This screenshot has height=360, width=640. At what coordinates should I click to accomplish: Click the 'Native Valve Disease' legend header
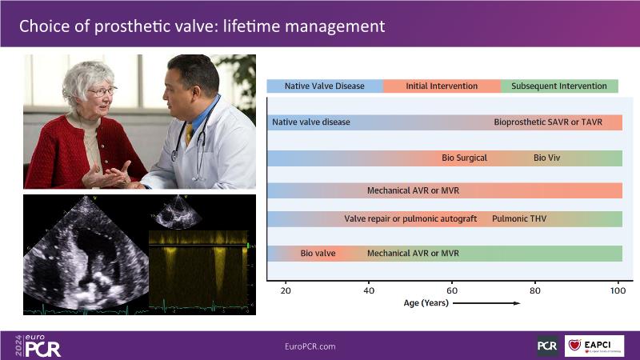tap(325, 86)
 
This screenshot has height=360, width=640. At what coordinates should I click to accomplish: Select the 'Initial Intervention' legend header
tap(442, 86)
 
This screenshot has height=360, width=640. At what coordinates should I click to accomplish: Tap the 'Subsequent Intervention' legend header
tap(559, 86)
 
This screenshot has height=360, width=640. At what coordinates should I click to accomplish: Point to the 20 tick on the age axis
tap(286, 290)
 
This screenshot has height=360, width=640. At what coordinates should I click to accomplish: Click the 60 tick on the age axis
tap(452, 290)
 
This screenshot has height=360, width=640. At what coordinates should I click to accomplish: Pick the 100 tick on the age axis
tap(618, 290)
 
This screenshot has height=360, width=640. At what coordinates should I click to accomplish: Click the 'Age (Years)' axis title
tap(426, 303)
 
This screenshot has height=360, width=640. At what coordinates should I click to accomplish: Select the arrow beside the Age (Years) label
tap(486, 303)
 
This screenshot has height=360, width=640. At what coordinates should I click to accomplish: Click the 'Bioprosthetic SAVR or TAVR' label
tap(548, 122)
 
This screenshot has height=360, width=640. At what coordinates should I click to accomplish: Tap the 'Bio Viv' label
tap(547, 158)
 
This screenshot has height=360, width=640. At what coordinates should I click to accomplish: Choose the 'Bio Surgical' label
tap(465, 158)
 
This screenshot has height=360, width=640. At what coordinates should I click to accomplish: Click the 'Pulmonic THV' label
tap(519, 218)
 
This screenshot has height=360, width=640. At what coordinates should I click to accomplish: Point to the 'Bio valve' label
tap(318, 253)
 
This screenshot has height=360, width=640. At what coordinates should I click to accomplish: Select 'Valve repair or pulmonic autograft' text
tap(410, 218)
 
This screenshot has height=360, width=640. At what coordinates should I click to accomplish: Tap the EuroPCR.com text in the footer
tap(310, 346)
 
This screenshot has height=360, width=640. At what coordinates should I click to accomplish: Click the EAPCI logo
tap(594, 346)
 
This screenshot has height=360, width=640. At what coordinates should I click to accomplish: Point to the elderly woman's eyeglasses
tap(102, 91)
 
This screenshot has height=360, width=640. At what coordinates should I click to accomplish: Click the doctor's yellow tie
tap(189, 134)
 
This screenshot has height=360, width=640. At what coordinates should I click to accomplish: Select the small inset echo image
tap(177, 212)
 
